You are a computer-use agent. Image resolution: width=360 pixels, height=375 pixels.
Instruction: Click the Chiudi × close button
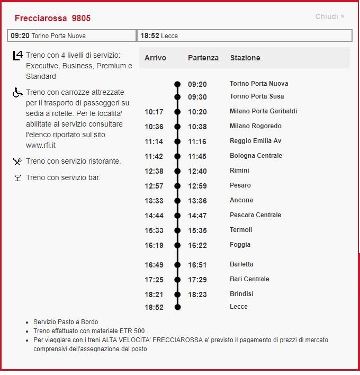point(330,16)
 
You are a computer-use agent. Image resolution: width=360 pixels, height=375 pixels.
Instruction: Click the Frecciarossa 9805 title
point(52,18)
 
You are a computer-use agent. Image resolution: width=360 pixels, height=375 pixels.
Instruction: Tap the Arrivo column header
point(155,58)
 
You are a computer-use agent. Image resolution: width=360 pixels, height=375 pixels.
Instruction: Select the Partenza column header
point(203,58)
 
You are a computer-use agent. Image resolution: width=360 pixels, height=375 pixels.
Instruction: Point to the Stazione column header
point(245,58)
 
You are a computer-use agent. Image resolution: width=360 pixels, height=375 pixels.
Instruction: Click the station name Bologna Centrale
point(256,156)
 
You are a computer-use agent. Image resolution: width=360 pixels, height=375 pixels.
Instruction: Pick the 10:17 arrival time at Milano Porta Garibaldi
point(154,112)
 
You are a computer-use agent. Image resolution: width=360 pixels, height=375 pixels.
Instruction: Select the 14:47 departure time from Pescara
point(197,216)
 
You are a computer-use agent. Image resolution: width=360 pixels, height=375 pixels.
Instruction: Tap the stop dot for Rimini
point(177,171)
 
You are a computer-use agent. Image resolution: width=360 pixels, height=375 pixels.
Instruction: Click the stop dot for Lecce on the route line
point(177,307)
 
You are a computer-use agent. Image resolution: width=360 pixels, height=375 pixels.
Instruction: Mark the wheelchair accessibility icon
point(17,93)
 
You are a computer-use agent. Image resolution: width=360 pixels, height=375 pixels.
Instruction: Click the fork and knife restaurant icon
point(17,162)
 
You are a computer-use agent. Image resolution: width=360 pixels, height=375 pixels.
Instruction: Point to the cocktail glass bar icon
point(17,178)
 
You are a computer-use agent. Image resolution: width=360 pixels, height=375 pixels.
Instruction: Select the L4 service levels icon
point(17,56)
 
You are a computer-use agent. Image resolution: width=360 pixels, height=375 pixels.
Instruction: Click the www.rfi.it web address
point(42,145)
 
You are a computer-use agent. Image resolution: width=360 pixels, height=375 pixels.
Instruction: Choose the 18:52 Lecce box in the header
point(244,35)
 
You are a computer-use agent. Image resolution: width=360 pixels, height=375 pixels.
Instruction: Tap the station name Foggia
point(240,245)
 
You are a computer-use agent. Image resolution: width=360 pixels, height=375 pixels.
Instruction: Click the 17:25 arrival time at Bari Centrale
point(154,280)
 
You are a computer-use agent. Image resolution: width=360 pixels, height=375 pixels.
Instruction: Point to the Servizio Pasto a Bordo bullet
point(65,322)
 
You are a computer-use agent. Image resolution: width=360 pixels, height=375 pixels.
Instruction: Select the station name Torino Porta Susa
point(257,96)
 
